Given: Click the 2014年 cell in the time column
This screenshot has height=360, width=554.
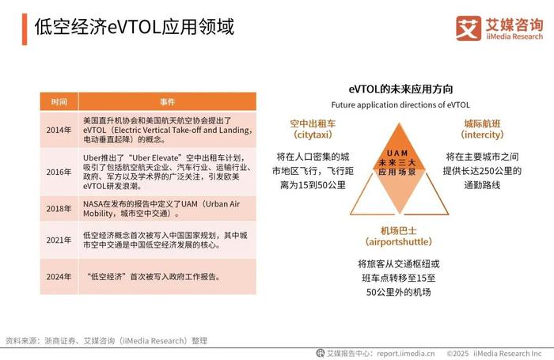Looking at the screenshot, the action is [x=59, y=130].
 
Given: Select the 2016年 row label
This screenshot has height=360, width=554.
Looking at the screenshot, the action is [x=59, y=172].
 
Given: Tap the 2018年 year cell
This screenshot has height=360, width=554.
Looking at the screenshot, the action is [x=59, y=208].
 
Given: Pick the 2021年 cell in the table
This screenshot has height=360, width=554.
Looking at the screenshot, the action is [x=59, y=241].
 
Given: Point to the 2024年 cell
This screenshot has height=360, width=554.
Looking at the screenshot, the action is [x=59, y=277].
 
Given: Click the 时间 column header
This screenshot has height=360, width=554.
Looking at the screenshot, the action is [x=59, y=102].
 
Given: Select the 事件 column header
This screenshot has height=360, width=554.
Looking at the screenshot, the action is [x=168, y=102].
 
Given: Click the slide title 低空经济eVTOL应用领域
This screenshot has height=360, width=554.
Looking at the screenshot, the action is [x=135, y=27].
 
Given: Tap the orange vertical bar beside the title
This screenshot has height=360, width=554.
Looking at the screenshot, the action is [x=25, y=29].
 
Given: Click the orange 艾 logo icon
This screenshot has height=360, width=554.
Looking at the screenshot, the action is [x=469, y=28].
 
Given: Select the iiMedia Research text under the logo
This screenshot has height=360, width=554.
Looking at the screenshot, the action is [x=514, y=36].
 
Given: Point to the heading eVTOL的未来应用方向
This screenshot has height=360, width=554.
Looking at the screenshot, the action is [x=400, y=89].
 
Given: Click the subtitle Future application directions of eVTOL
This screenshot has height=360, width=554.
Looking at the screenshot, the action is [x=400, y=105].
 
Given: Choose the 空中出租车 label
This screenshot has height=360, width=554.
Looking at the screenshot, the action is [x=313, y=123].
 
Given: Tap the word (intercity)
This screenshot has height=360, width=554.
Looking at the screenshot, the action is [x=482, y=135].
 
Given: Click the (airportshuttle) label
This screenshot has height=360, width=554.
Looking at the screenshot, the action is [x=399, y=242].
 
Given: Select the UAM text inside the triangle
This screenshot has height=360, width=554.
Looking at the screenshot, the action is [x=397, y=153].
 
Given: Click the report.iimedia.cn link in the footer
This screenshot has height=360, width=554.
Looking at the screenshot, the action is [x=405, y=354].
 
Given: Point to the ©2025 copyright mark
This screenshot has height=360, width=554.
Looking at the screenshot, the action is [x=457, y=354].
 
